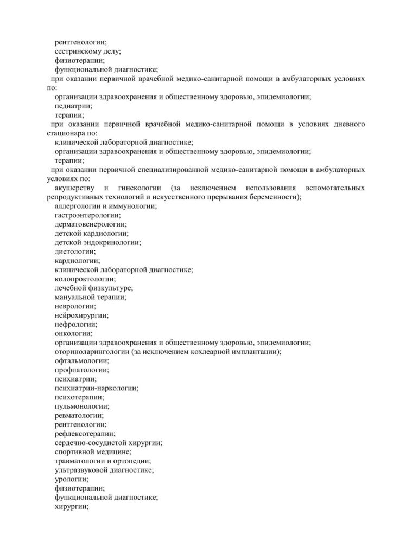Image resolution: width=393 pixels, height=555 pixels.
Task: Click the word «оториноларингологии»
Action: tap(92, 352)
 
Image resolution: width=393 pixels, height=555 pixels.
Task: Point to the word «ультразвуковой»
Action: tap(82, 470)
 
